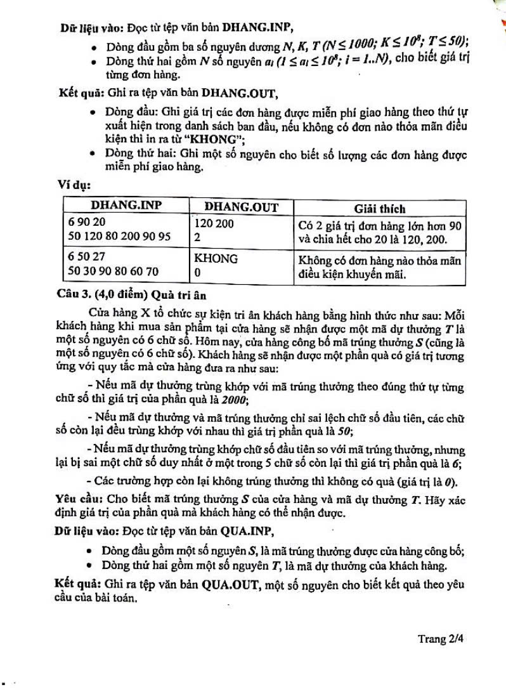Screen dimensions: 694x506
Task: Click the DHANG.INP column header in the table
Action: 126,206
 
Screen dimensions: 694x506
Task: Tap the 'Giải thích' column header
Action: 380,208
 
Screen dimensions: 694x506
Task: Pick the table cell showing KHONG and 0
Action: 241,265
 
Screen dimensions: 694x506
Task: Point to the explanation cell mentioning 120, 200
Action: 380,232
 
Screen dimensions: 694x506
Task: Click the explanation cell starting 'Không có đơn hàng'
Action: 380,267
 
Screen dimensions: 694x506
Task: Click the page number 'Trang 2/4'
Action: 441,639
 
